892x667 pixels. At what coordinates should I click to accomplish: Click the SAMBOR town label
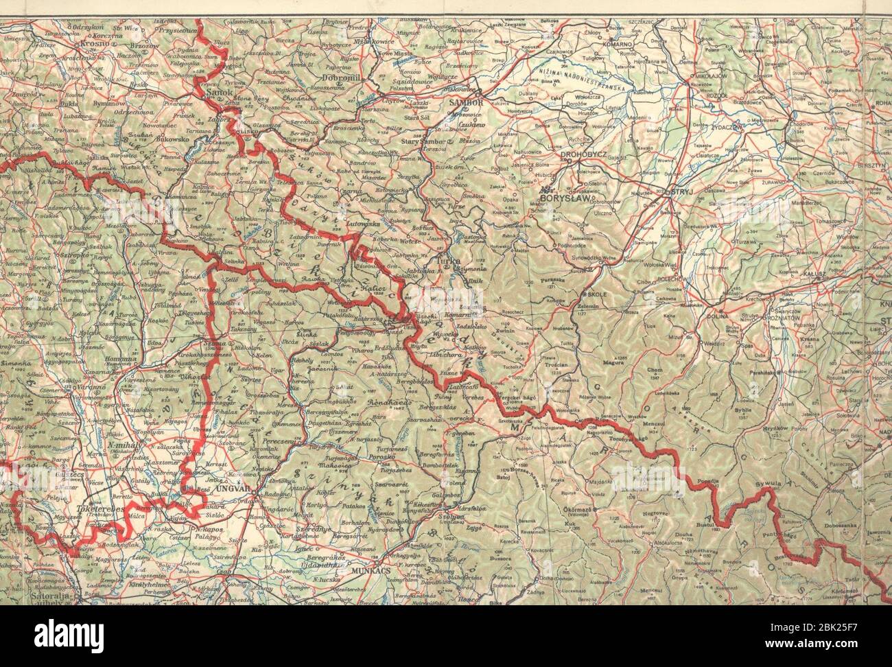click(466, 102)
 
